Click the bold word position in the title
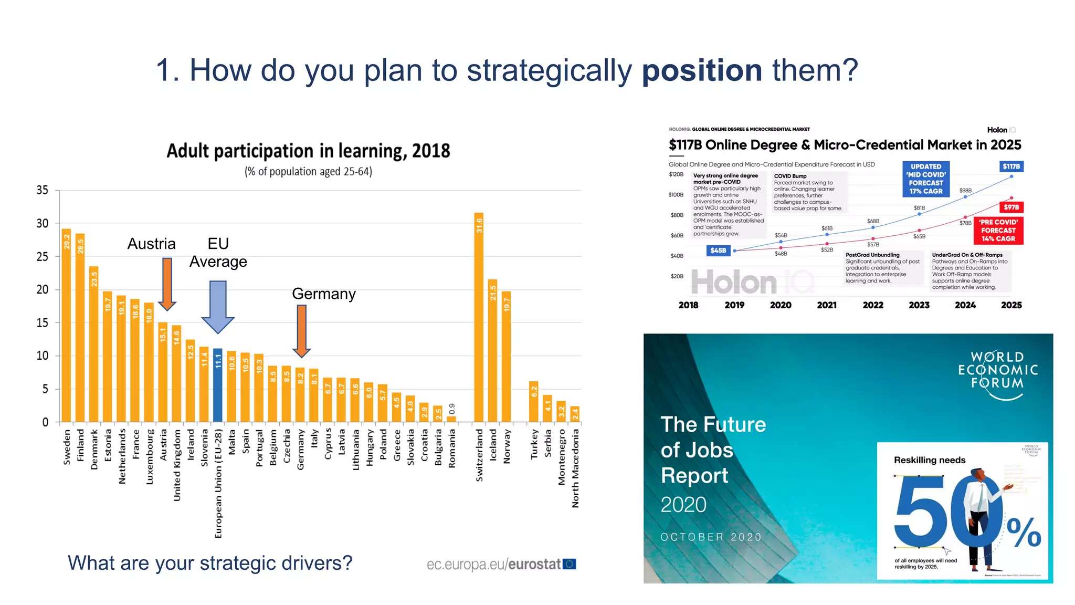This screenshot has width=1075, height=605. (702, 70)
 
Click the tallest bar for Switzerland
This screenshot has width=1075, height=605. (479, 317)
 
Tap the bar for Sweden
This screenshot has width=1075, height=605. (66, 326)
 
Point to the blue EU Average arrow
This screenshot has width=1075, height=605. (218, 307)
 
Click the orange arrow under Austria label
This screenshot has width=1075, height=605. (167, 284)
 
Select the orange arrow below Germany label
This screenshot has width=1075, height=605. (301, 331)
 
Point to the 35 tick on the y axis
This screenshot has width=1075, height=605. (42, 190)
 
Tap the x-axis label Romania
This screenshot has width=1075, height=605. (452, 448)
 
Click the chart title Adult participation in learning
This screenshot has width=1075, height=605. (308, 151)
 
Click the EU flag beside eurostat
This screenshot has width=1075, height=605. (570, 564)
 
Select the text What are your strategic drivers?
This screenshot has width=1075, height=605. (210, 563)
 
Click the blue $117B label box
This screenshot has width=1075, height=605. (1011, 166)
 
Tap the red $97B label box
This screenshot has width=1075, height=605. (1011, 207)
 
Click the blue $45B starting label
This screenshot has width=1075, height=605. (718, 251)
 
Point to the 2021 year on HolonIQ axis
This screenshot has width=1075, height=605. (827, 305)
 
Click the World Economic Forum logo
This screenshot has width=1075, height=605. (998, 374)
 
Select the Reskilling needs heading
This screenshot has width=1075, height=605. (930, 460)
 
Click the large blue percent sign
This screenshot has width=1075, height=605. (1024, 533)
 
